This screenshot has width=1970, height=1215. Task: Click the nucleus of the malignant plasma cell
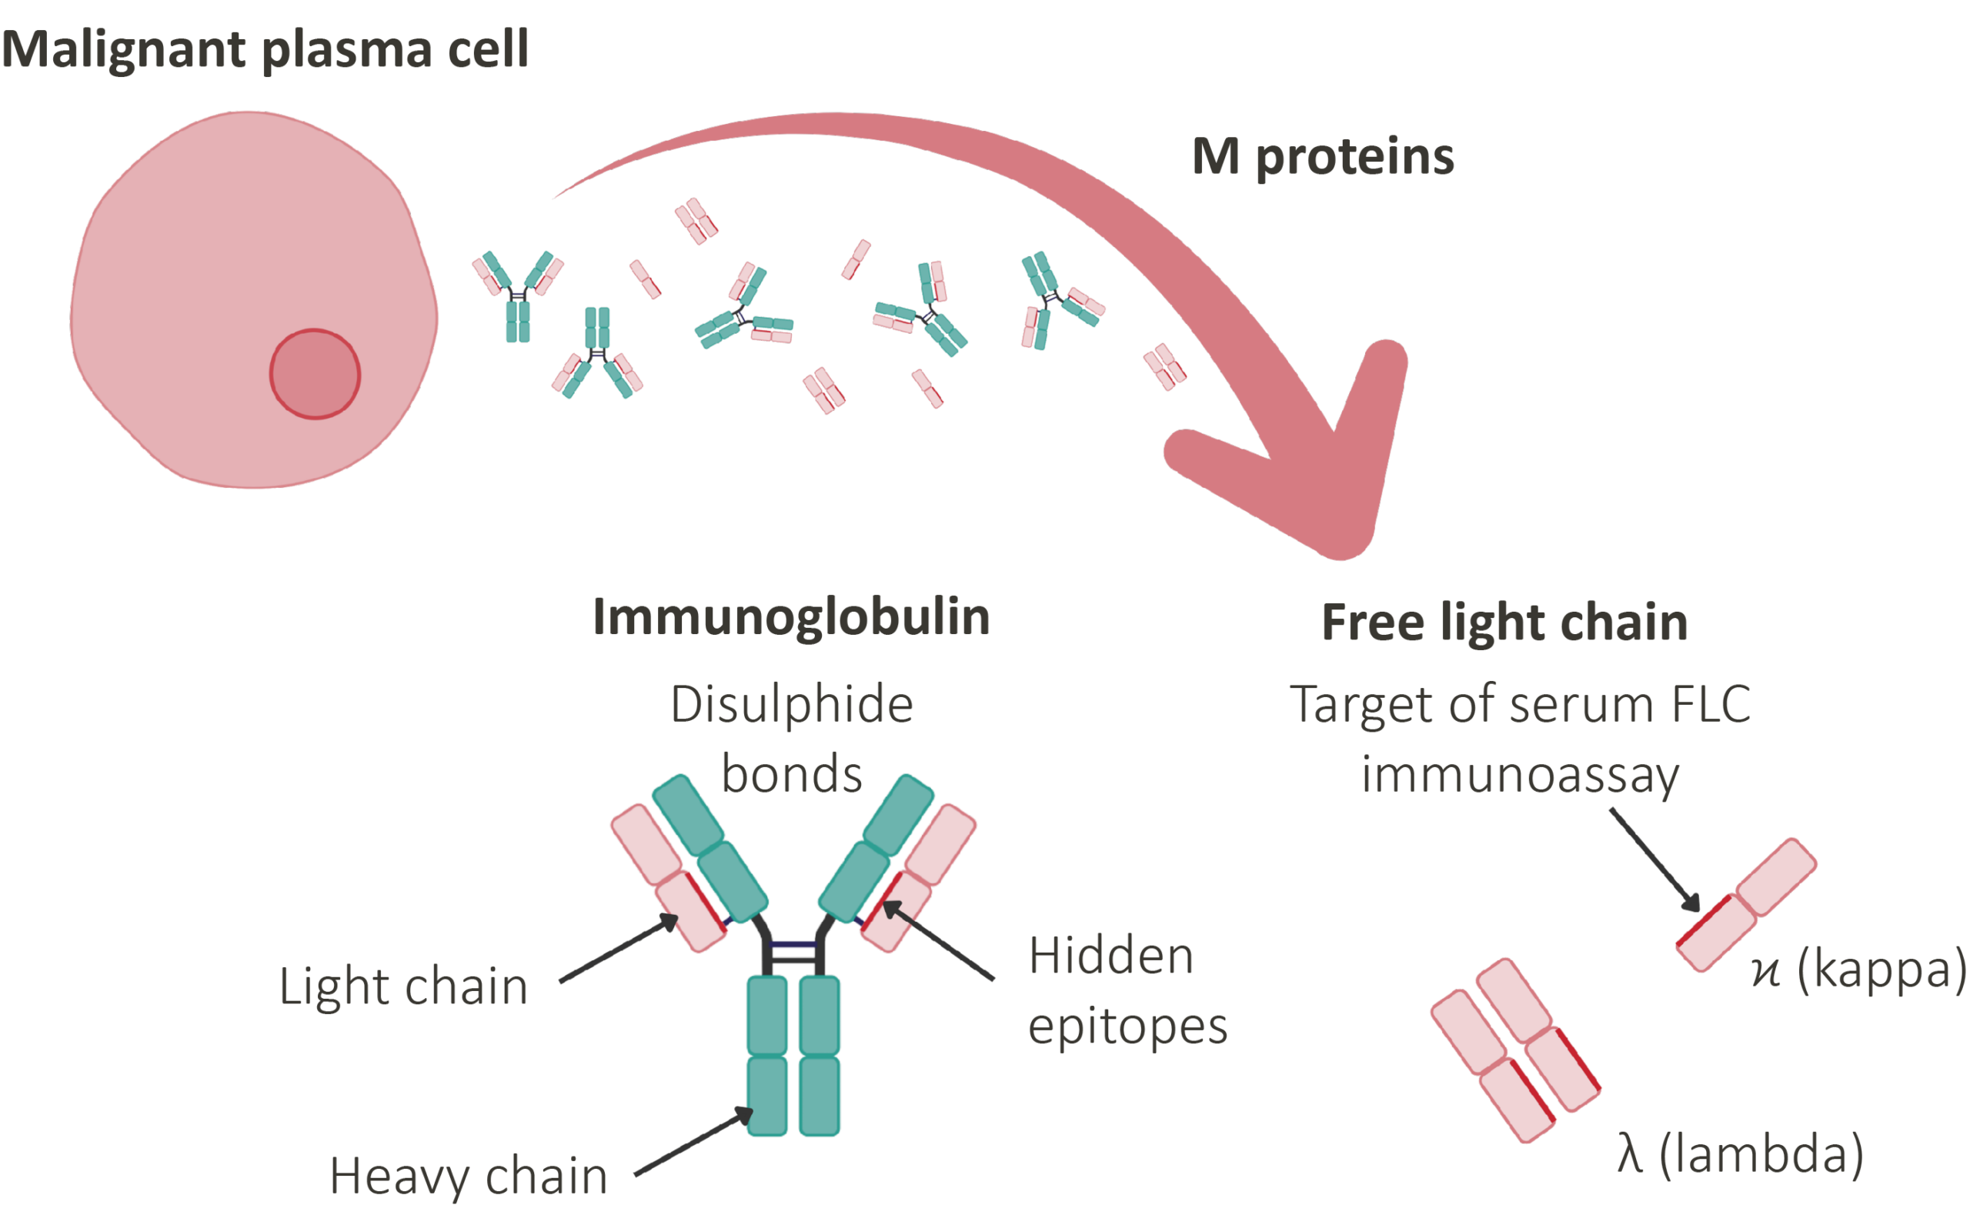(314, 374)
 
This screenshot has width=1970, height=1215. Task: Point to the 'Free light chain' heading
(1504, 623)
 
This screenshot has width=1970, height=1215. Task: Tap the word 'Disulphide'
(792, 705)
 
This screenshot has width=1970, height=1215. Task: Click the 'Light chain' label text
(403, 986)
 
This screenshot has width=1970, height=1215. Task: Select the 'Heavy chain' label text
(469, 1177)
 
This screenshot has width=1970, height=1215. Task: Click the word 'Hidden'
(1111, 956)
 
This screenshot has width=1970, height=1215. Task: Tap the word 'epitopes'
(1128, 1027)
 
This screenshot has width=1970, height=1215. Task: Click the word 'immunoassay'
(1520, 776)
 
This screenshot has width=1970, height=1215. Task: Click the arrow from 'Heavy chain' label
(693, 1142)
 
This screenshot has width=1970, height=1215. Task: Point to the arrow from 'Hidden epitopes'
(938, 940)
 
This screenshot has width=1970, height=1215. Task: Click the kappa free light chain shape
(1746, 905)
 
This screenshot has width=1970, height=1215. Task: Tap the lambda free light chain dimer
(1515, 1050)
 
